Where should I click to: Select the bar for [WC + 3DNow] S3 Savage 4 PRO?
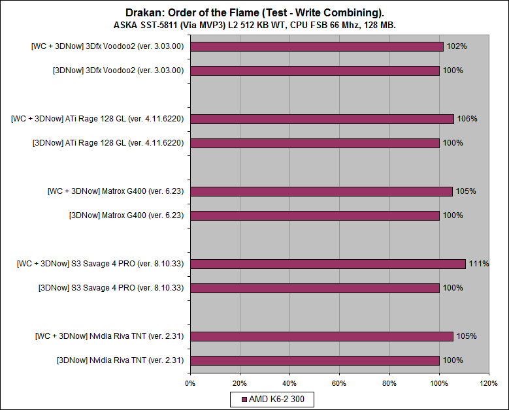327,264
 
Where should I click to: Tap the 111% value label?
479,264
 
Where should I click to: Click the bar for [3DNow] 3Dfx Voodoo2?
314,71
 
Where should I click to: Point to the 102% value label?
457,46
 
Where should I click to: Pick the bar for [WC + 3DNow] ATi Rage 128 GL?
321,119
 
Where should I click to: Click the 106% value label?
467,119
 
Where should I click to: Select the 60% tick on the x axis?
340,383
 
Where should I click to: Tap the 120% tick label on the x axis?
489,383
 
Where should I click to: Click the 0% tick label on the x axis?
190,383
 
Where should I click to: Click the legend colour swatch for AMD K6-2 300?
244,398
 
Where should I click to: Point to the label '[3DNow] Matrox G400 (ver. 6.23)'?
127,215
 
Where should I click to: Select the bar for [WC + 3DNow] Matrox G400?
321,191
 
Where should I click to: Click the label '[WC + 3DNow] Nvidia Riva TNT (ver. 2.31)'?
110,336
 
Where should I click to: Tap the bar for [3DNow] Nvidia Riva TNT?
314,360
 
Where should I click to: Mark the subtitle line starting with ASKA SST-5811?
254,24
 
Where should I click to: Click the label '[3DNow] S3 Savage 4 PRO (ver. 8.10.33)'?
111,288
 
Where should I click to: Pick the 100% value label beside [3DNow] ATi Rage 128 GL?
453,143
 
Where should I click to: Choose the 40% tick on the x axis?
289,383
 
